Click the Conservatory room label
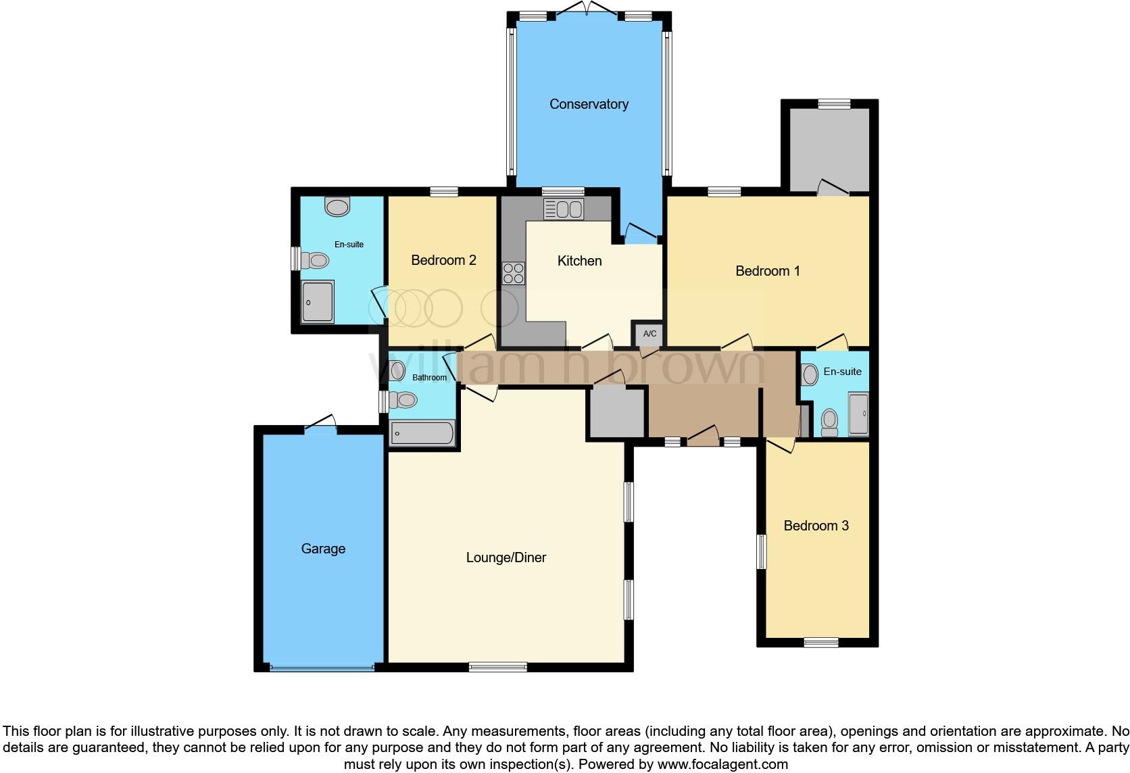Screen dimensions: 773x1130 click(589, 104)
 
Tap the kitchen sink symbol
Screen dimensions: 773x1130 click(564, 209)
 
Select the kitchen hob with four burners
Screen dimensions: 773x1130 click(514, 273)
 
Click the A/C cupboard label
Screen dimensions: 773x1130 click(649, 334)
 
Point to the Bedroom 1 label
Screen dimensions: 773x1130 click(767, 271)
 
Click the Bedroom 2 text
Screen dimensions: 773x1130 click(443, 260)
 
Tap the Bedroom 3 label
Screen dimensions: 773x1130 click(816, 526)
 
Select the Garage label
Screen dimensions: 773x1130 click(323, 549)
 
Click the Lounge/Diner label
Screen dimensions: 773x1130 click(506, 557)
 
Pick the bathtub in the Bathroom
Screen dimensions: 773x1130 click(422, 433)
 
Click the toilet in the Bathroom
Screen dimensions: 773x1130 click(403, 400)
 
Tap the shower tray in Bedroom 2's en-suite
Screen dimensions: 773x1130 click(317, 302)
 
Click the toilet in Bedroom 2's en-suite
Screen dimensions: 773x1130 click(315, 259)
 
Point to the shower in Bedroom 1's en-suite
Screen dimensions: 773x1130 click(858, 413)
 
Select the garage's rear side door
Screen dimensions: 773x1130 click(320, 424)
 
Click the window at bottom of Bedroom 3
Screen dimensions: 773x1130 click(821, 642)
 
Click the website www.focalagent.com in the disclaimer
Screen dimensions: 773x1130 click(722, 765)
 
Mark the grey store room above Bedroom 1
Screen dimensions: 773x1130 click(830, 149)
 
